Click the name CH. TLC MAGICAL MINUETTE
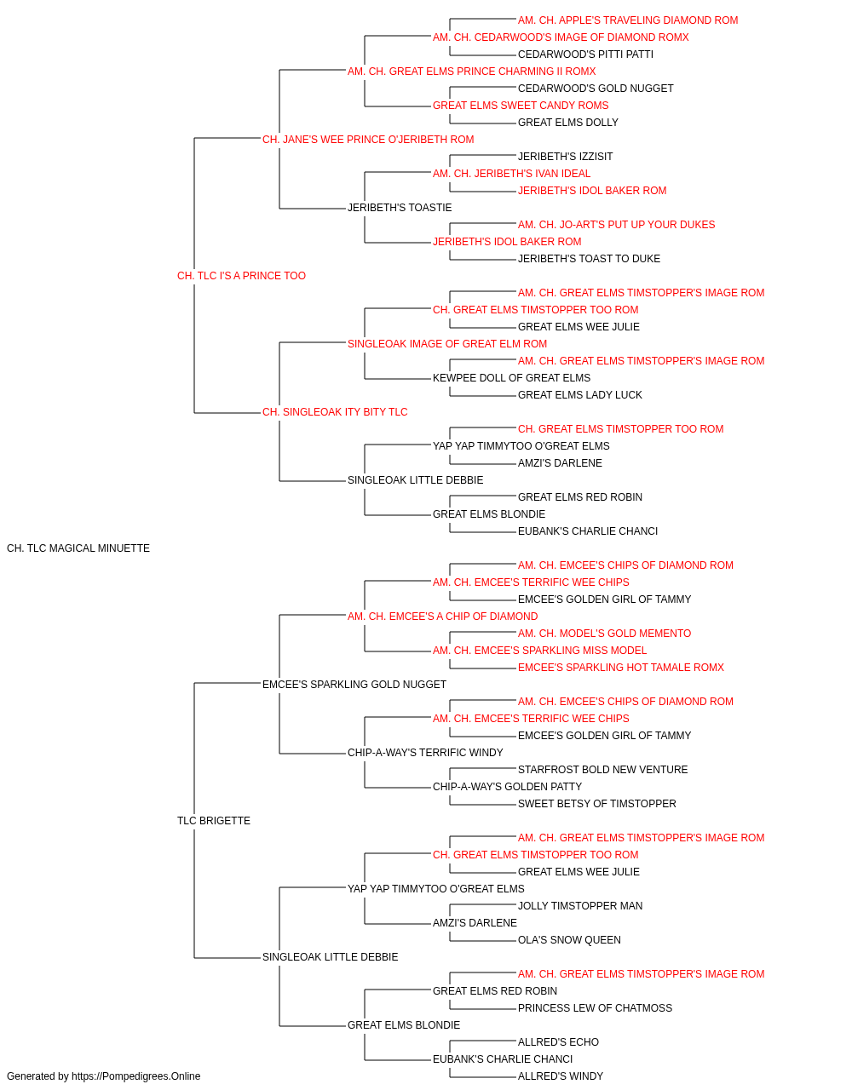click(78, 548)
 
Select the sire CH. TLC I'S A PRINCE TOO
click(241, 276)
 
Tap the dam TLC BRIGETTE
click(214, 821)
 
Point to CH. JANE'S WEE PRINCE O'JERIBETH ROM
click(368, 140)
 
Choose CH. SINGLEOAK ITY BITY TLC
click(335, 412)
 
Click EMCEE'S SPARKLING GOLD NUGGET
click(354, 684)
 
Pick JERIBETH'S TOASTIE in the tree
click(400, 208)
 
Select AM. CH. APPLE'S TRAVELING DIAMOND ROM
click(628, 20)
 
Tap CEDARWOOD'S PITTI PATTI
click(585, 54)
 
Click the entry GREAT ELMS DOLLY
click(568, 123)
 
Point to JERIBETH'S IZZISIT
click(565, 157)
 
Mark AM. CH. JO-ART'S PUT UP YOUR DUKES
click(616, 225)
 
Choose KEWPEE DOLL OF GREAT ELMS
click(511, 378)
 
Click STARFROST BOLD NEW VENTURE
click(602, 770)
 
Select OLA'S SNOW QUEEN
click(569, 940)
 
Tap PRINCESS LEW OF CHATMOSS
click(595, 1008)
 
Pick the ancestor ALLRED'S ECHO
click(558, 1042)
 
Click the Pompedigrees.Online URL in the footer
click(136, 1076)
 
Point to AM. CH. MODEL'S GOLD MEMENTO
click(604, 634)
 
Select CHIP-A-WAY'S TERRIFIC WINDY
click(425, 753)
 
